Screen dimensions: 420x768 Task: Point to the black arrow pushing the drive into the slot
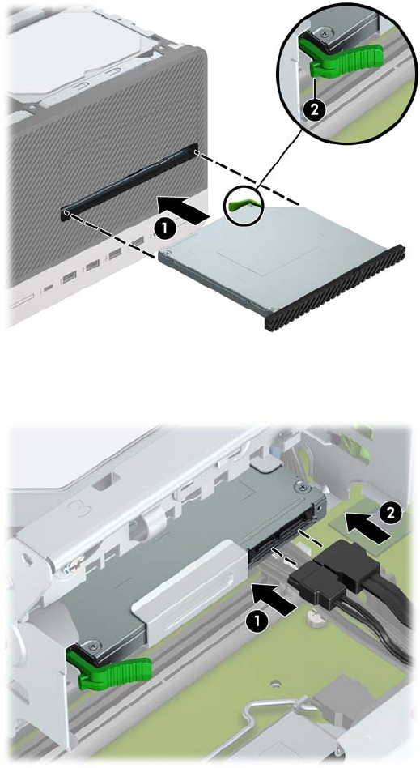click(x=182, y=208)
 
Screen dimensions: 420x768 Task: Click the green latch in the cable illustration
click(x=108, y=666)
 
